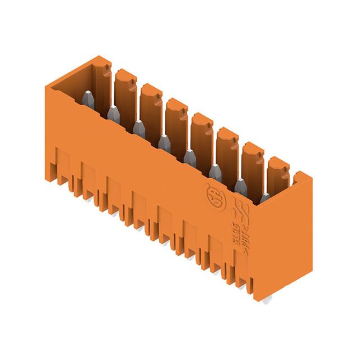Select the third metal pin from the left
click(138, 129)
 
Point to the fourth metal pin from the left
click(163, 143)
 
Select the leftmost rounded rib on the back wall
click(124, 90)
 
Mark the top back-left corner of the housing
click(98, 57)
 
